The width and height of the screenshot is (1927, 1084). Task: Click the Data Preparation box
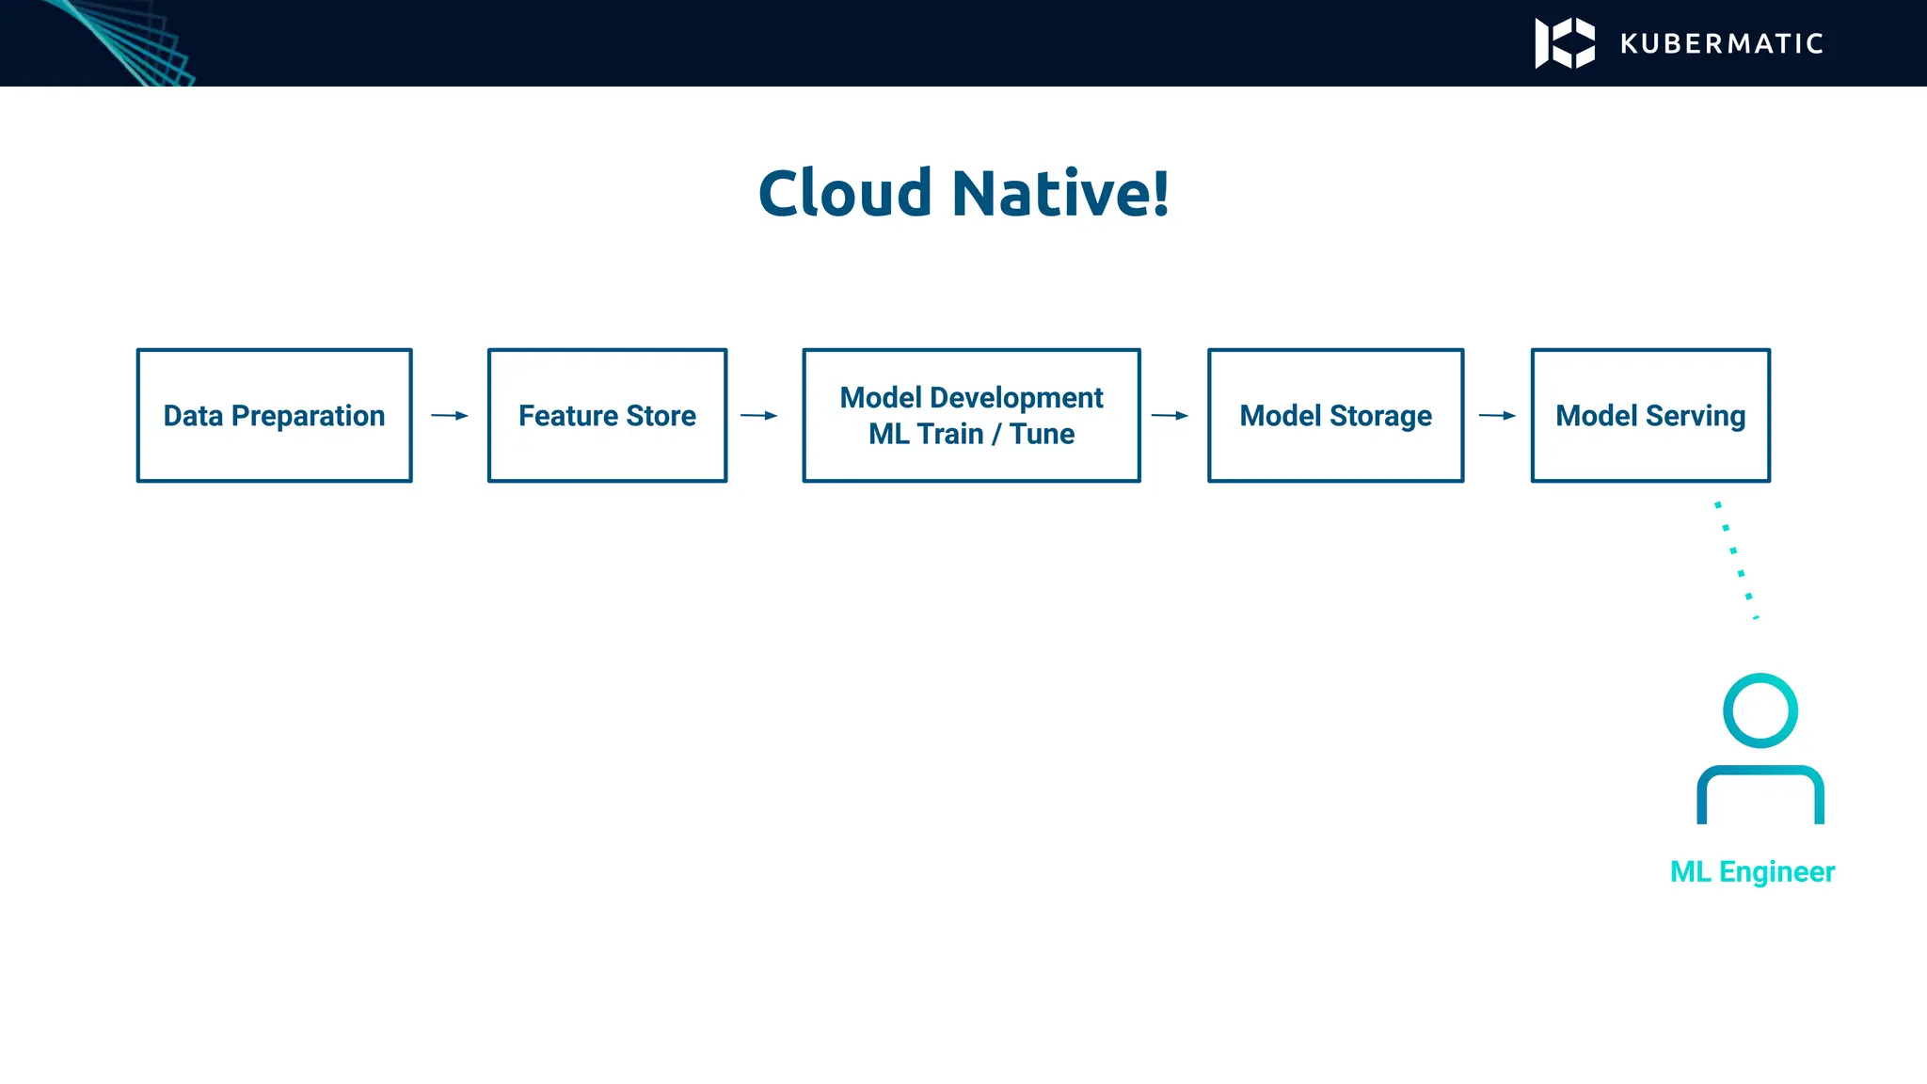point(274,415)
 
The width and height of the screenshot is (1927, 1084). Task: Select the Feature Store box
point(607,415)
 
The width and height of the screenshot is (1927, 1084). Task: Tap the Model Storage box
point(1335,415)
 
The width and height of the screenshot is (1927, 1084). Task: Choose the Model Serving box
point(1650,415)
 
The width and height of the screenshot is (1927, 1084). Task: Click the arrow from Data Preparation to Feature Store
point(450,415)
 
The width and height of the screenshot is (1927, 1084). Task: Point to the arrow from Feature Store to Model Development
point(759,415)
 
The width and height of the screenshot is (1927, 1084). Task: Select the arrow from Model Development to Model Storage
point(1170,415)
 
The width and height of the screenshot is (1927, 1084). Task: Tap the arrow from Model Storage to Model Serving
point(1497,415)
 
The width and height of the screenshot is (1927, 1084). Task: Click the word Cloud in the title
point(844,194)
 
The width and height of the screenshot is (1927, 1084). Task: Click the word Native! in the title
point(1060,194)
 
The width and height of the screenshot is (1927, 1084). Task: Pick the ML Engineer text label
point(1752,871)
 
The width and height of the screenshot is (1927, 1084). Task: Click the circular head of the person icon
point(1760,710)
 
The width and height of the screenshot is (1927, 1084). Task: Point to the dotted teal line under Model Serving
point(1737,561)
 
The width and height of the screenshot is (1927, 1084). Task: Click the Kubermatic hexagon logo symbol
point(1565,43)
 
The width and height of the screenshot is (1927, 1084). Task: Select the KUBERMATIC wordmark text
point(1722,43)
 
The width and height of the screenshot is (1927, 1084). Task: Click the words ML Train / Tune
point(971,434)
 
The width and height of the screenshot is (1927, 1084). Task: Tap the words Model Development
point(971,397)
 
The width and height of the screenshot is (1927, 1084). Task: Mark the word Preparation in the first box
point(308,415)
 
